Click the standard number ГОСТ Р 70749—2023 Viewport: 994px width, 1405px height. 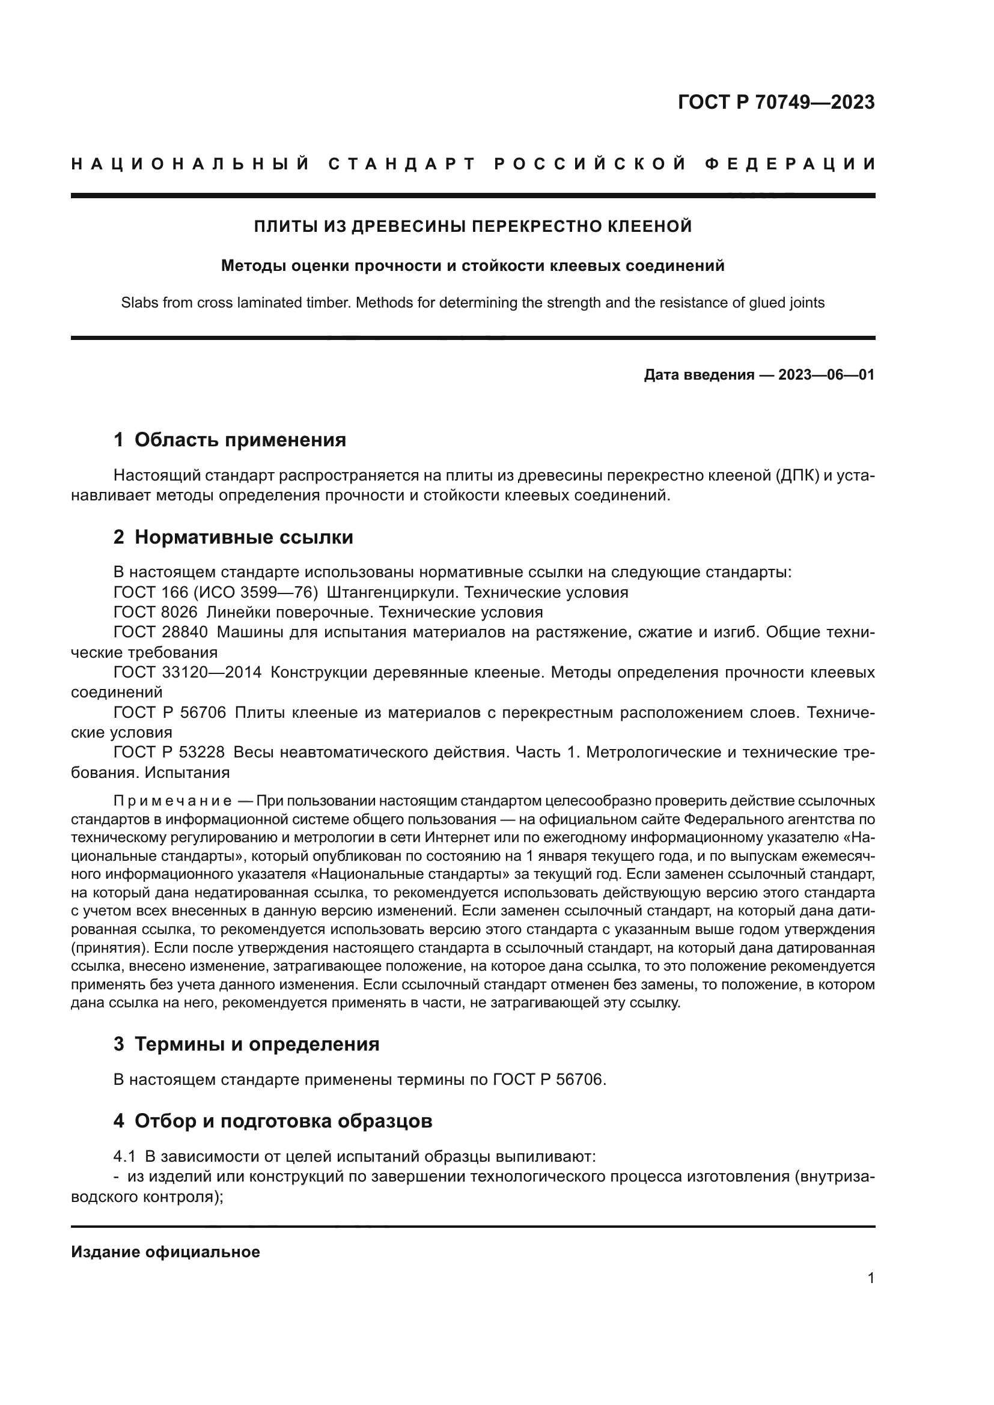pyautogui.click(x=775, y=102)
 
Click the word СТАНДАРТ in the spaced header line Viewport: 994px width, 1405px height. pyautogui.click(x=402, y=164)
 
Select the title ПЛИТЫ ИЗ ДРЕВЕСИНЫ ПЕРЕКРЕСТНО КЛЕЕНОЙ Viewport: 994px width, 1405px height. pyautogui.click(x=472, y=226)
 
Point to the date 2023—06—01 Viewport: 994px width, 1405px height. pyautogui.click(x=826, y=375)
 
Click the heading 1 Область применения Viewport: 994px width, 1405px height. pyautogui.click(x=230, y=440)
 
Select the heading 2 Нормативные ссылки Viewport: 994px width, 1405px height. pyautogui.click(x=233, y=537)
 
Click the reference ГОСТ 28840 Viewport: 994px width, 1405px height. pyautogui.click(x=160, y=632)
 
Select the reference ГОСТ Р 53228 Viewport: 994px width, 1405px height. pyautogui.click(x=169, y=753)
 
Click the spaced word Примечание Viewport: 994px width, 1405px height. pyautogui.click(x=172, y=802)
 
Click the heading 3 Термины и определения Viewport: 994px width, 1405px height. pyautogui.click(x=246, y=1044)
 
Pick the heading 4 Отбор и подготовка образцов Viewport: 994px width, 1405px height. pyautogui.click(x=272, y=1121)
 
